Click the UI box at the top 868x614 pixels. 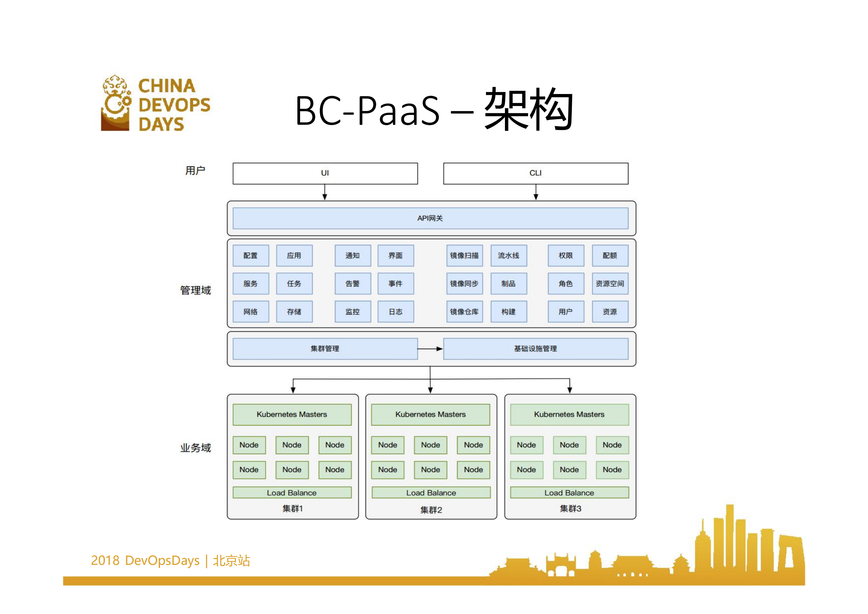pyautogui.click(x=325, y=173)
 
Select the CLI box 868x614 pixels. pyautogui.click(x=535, y=173)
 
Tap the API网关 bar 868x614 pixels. pyautogui.click(x=430, y=218)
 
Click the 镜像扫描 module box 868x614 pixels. pyautogui.click(x=464, y=256)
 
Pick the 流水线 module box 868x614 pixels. pyautogui.click(x=508, y=256)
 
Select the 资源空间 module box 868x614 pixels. pyautogui.click(x=610, y=284)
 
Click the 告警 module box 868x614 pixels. pyautogui.click(x=353, y=284)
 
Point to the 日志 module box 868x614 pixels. pyautogui.click(x=396, y=311)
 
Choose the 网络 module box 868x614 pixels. pyautogui.click(x=251, y=311)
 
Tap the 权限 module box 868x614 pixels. pyautogui.click(x=566, y=256)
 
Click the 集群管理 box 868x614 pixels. pyautogui.click(x=325, y=349)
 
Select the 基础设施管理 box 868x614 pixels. pyautogui.click(x=535, y=349)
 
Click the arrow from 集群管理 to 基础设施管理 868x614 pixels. pyautogui.click(x=430, y=349)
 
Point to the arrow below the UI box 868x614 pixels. pyautogui.click(x=325, y=192)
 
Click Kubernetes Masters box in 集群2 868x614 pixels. pyautogui.click(x=430, y=414)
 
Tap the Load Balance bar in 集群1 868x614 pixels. pyautogui.click(x=292, y=493)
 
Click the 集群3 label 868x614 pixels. pyautogui.click(x=570, y=508)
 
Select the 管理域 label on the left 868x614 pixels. pyautogui.click(x=196, y=290)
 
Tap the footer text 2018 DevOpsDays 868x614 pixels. pyautogui.click(x=145, y=560)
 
